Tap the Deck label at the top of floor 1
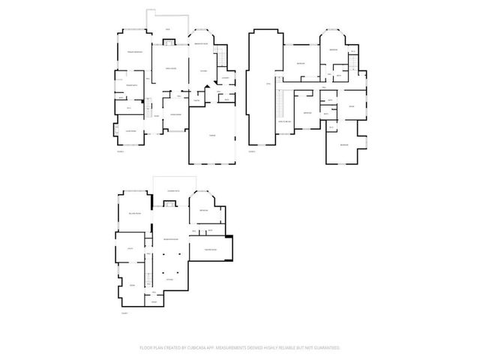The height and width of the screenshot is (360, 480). [x=168, y=28]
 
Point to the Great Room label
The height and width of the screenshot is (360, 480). [x=170, y=68]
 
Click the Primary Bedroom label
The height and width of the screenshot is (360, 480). [x=133, y=52]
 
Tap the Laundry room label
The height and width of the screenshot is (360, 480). [x=224, y=77]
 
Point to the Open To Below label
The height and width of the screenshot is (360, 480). [x=285, y=120]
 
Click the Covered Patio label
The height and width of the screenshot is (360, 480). [x=172, y=192]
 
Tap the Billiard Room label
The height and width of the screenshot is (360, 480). [x=135, y=213]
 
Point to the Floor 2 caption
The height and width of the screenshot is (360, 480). [x=253, y=151]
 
